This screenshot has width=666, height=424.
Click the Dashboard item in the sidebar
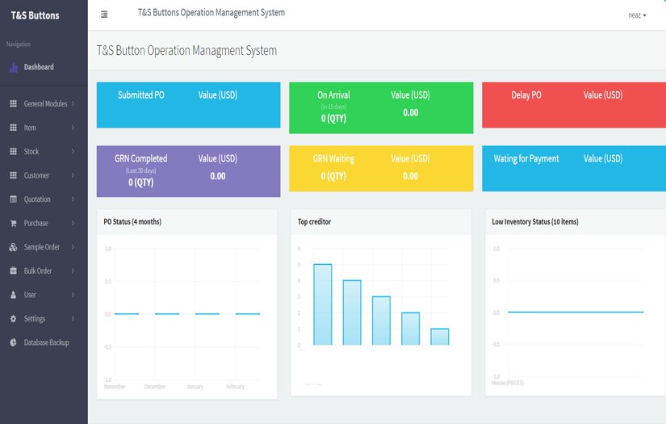[38, 67]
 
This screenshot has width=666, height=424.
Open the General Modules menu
[45, 104]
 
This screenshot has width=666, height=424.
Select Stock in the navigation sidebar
[31, 152]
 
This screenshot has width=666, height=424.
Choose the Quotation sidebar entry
[37, 199]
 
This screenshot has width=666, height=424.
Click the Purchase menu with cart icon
[36, 223]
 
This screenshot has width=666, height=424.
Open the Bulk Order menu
[38, 271]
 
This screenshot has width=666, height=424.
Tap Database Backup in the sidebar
[46, 342]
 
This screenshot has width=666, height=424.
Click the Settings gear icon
[13, 319]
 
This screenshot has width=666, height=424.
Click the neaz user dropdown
[637, 15]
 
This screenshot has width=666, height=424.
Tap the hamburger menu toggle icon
[104, 15]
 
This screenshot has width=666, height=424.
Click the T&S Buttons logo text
[35, 15]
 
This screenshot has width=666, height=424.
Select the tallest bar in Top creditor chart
[323, 304]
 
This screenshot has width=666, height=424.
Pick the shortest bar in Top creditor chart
[439, 337]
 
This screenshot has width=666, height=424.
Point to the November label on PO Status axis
[115, 387]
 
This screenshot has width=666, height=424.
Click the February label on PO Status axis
[235, 387]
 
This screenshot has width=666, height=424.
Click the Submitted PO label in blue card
[141, 95]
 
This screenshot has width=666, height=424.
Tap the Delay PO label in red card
[526, 95]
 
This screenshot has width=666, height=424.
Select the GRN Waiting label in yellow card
[333, 159]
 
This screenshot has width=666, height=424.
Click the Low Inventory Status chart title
[534, 221]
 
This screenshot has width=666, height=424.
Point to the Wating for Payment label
[526, 159]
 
